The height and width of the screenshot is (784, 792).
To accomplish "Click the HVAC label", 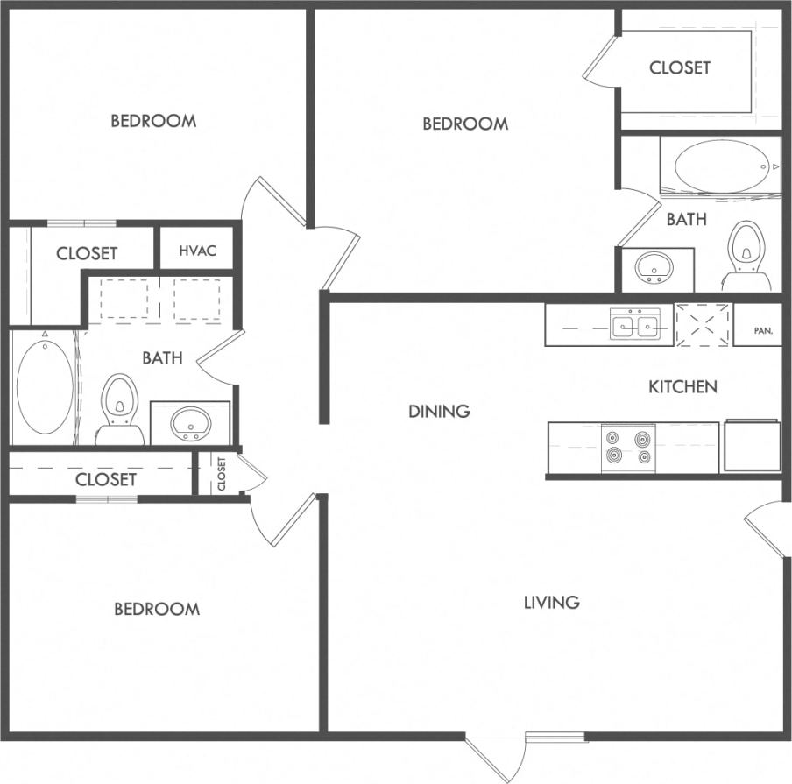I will click(x=196, y=251).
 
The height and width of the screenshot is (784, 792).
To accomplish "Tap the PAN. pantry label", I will click(x=762, y=331).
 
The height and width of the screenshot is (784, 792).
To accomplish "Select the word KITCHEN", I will click(x=682, y=386).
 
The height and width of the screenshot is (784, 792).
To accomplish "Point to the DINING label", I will click(x=439, y=411).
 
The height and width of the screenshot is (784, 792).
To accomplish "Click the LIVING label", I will click(x=551, y=602).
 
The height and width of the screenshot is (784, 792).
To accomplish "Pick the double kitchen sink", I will click(x=636, y=326).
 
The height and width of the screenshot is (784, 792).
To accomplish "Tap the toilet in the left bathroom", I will click(x=120, y=410).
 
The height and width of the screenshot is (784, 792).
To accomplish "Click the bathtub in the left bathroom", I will click(x=45, y=386).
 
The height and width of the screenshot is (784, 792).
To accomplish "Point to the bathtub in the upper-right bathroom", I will click(x=721, y=166).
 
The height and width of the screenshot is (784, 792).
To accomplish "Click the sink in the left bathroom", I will click(x=190, y=425).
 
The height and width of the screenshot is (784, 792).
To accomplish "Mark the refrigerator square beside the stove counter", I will click(x=751, y=446).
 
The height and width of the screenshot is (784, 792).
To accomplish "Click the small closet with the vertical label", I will click(x=221, y=474).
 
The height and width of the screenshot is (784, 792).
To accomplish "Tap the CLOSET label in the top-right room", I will click(x=680, y=67).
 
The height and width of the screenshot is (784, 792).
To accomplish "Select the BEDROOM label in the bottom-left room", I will click(x=157, y=609).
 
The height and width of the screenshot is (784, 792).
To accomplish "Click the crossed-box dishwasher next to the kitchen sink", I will click(x=703, y=325).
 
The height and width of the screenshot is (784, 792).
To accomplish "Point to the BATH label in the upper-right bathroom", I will click(x=686, y=219).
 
